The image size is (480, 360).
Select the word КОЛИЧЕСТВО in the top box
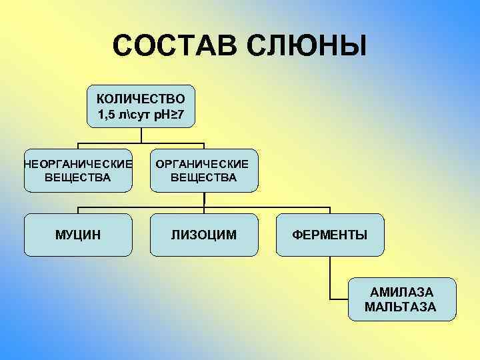tap(141, 99)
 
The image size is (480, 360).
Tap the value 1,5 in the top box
tap(106, 115)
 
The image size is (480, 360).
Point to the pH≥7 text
tap(165, 115)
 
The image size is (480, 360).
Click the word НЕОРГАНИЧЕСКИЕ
tap(78, 163)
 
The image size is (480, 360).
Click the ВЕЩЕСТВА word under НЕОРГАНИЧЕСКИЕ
tap(78, 177)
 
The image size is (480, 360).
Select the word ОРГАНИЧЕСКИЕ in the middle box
tap(203, 163)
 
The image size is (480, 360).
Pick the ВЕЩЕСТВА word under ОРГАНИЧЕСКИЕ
tap(203, 177)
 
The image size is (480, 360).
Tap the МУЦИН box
tap(78, 235)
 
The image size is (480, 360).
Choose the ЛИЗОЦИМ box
tap(203, 235)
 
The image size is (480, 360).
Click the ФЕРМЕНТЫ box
tap(329, 235)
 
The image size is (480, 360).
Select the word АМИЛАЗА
tap(401, 293)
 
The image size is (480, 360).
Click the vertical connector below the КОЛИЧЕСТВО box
tap(141, 135)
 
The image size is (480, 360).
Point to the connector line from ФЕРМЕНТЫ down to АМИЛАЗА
tap(330, 277)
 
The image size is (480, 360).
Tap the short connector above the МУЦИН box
tap(78, 210)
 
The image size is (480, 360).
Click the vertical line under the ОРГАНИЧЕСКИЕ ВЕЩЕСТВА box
tap(204, 199)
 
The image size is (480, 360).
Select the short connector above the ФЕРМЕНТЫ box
tap(329, 210)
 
